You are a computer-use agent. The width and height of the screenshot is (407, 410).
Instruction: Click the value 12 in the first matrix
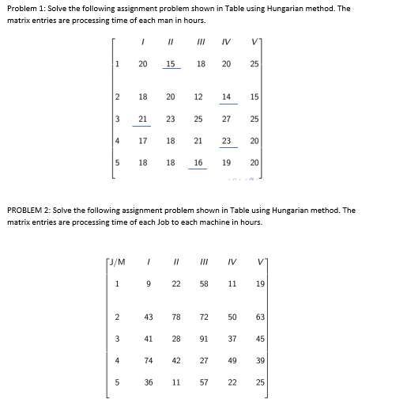198,97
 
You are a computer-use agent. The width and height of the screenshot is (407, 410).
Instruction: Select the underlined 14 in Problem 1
227,97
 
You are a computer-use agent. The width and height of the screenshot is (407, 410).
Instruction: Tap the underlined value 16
198,162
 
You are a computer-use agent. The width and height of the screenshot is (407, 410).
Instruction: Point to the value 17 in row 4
142,140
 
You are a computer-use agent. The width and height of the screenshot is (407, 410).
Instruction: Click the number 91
204,339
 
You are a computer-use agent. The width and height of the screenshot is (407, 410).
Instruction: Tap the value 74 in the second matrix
149,360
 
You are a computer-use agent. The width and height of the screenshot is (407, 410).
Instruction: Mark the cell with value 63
260,317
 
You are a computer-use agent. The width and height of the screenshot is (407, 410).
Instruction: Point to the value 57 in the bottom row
204,382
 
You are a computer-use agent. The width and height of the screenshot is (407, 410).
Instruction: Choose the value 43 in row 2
149,317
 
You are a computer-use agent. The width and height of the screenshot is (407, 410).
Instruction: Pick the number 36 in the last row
149,382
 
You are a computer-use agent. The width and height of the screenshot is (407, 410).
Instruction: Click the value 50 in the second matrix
232,317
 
